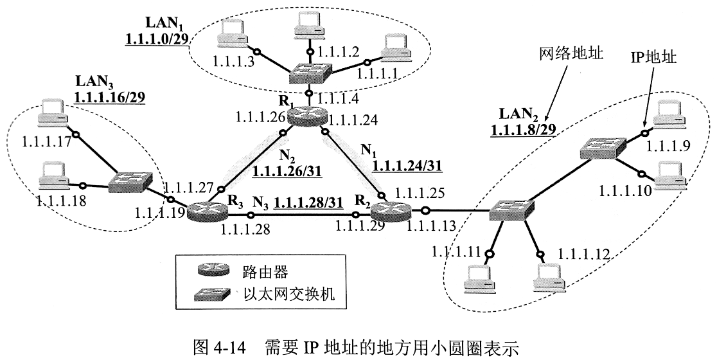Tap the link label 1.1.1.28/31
(x=308, y=202)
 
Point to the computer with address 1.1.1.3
(x=231, y=32)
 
